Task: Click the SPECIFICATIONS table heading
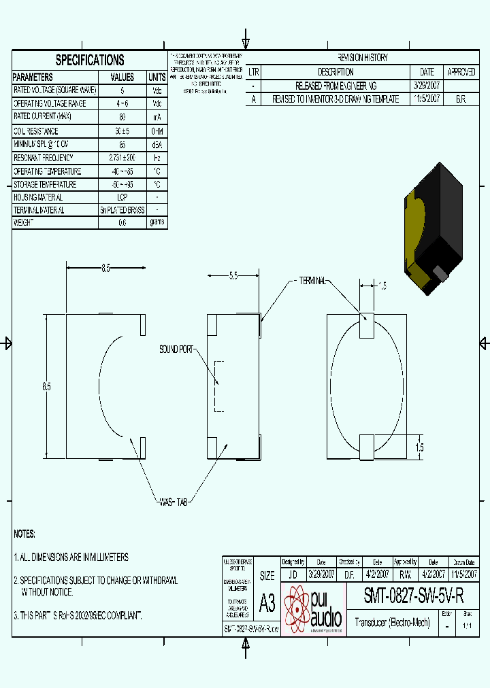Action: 90,60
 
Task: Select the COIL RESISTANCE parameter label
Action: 36,131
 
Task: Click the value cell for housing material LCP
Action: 122,197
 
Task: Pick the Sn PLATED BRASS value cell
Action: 122,210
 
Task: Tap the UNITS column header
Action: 157,78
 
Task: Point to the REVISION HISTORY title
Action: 363,58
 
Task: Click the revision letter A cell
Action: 253,99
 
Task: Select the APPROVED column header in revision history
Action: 461,71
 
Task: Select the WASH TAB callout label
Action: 173,501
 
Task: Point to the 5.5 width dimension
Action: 233,275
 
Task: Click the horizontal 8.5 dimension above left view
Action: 105,269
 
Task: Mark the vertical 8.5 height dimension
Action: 46,386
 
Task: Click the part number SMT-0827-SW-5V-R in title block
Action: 414,597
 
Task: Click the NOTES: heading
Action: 24,534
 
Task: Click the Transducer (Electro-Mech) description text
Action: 393,622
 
